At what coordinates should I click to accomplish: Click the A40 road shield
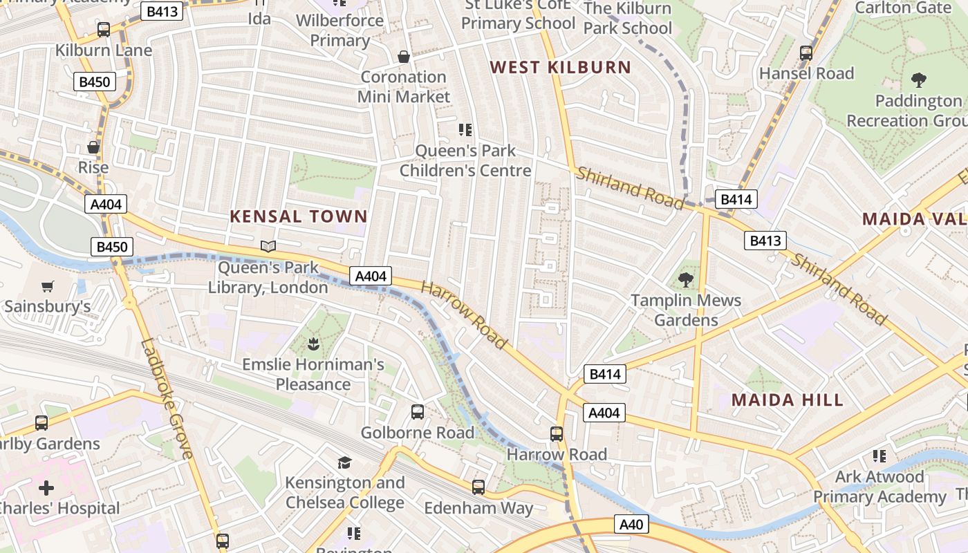coord(631,525)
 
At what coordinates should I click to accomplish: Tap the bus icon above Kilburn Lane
coord(104,30)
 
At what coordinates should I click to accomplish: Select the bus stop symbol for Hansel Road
coord(806,53)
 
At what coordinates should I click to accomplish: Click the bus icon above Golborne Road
coord(418,412)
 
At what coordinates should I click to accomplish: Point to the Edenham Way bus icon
coord(478,487)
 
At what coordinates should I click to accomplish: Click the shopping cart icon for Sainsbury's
coord(48,286)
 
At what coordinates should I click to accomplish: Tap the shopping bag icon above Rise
coord(93,147)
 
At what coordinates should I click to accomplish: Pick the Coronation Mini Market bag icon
coord(404,56)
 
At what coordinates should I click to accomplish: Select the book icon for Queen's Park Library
coord(268,246)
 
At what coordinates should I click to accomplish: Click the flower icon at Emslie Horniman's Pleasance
coord(313,343)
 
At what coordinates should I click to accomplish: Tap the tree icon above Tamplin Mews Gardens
coord(686,280)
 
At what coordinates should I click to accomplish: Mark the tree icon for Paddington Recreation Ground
coord(919,80)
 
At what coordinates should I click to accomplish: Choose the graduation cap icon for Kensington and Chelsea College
coord(344,462)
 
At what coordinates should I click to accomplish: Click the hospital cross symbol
coord(46,488)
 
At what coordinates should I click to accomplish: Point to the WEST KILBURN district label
coord(560,68)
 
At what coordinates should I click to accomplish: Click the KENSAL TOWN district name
coord(299,216)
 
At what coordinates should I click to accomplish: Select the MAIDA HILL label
coord(788,400)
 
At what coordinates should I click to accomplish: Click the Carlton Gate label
coord(903,8)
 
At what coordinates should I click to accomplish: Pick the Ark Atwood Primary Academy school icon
coord(879,456)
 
